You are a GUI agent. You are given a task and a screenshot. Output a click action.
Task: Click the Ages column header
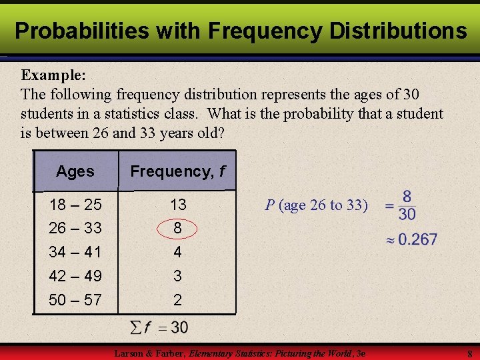[75, 171]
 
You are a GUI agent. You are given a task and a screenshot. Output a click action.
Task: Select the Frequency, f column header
[177, 171]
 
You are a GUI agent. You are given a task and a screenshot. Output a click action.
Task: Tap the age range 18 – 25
[75, 204]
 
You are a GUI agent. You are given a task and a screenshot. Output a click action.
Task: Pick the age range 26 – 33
[75, 228]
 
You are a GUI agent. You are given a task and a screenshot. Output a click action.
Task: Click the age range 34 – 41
[75, 252]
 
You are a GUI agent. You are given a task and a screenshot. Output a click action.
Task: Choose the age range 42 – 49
[75, 276]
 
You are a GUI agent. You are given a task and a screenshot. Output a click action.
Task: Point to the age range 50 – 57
[75, 300]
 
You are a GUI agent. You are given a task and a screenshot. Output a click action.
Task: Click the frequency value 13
[178, 204]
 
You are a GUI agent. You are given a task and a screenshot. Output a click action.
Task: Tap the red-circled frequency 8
[177, 228]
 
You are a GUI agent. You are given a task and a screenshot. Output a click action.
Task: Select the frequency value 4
[177, 252]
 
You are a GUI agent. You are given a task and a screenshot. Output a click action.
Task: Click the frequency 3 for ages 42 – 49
[177, 276]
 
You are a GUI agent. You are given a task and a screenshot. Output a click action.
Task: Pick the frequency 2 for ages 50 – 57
[177, 300]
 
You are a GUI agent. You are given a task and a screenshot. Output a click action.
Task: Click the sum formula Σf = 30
[158, 327]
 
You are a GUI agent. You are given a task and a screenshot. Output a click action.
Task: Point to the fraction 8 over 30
[406, 205]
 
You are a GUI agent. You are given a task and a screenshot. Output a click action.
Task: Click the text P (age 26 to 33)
[316, 205]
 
